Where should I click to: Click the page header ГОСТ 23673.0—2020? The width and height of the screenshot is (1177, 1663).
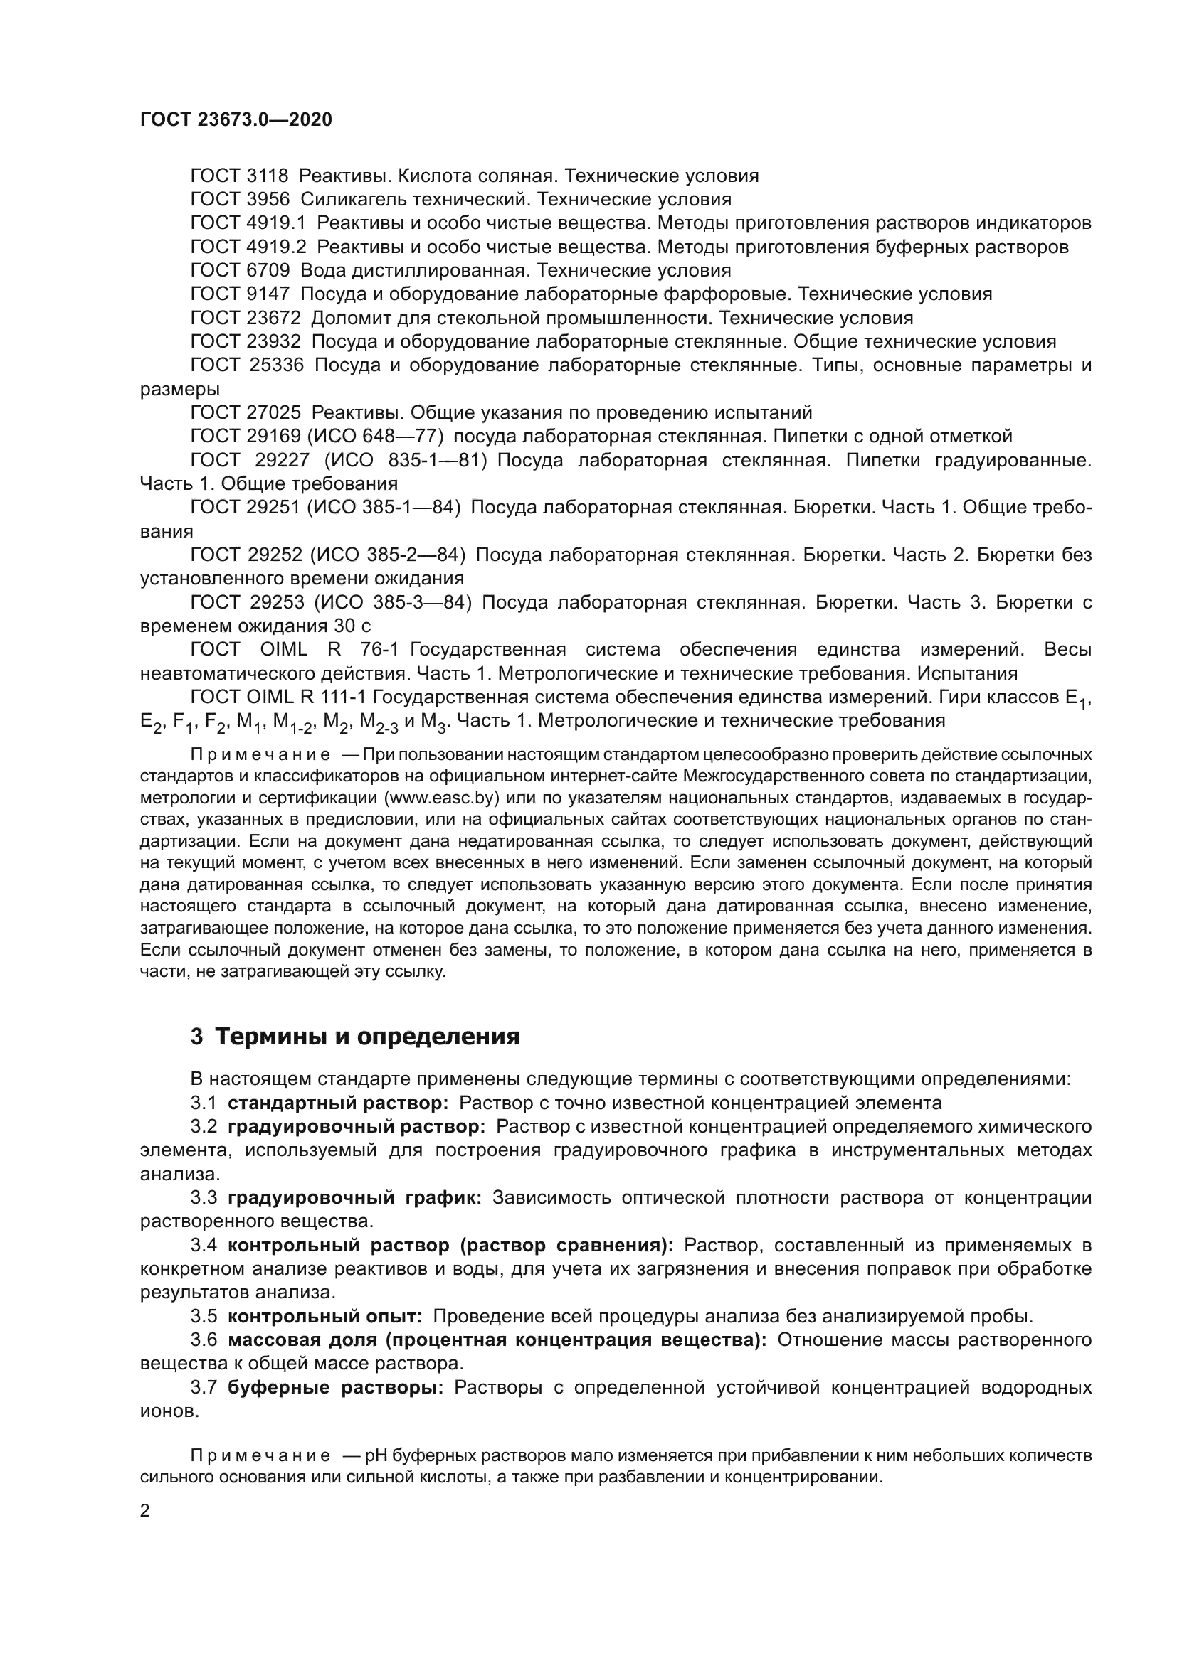click(236, 119)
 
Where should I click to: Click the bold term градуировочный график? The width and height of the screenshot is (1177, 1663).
click(359, 1197)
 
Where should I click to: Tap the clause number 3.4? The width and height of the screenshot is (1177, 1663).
click(204, 1245)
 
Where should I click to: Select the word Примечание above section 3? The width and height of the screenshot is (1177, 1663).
click(261, 755)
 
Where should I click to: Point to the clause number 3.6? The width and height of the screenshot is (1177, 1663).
click(204, 1340)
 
